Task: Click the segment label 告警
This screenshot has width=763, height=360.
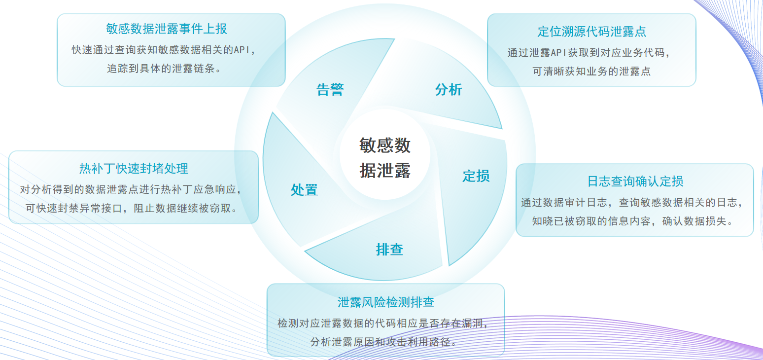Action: coord(330,90)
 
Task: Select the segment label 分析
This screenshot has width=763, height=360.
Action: coord(448,90)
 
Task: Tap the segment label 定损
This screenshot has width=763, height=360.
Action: coord(476,176)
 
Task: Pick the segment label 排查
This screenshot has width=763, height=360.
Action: coord(389,250)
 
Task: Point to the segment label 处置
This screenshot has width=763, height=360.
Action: coord(304,189)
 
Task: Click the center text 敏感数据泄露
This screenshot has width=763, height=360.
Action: coord(385,157)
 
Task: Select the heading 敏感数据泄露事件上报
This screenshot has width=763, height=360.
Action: coord(167,29)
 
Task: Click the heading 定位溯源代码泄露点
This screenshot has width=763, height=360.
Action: coord(591,32)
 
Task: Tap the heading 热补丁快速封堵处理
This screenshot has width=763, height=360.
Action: coord(134,168)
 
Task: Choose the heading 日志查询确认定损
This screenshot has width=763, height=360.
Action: coord(635,181)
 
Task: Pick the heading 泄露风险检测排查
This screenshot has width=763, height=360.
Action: coord(385,302)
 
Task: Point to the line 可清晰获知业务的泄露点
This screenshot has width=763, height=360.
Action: coord(591,71)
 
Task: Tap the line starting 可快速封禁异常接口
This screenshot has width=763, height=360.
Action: coord(132,208)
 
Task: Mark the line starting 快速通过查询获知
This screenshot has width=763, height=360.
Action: coord(164,50)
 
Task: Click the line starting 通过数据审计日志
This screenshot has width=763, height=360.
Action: coord(632,203)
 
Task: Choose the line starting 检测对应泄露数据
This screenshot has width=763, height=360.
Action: coord(383,323)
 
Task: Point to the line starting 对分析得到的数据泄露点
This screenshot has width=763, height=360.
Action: coord(131,189)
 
